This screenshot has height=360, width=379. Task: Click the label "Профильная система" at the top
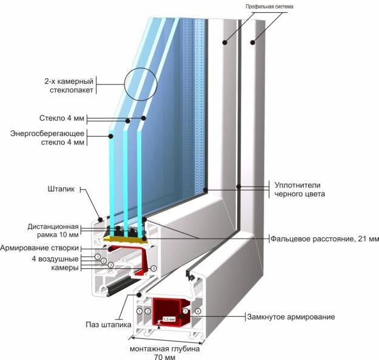[x=269, y=7]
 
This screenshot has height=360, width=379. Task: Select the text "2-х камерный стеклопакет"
[x=69, y=86]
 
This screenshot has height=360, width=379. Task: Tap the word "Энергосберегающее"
[x=47, y=134]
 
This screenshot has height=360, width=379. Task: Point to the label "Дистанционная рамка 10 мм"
[x=53, y=231]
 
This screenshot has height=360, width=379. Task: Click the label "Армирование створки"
[x=39, y=248]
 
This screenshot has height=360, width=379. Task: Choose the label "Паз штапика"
[x=109, y=324]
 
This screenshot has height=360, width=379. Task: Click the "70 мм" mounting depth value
[x=164, y=357]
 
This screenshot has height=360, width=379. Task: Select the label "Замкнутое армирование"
[x=291, y=317]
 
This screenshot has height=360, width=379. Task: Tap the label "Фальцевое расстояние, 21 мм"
[x=324, y=239]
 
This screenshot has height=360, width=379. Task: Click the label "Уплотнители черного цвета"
[x=300, y=189]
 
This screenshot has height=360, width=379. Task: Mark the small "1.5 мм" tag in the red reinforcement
[x=169, y=319]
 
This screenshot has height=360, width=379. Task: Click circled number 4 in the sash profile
[x=154, y=268]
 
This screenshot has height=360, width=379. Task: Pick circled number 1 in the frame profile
[x=139, y=311]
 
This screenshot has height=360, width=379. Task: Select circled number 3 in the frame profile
[x=185, y=311]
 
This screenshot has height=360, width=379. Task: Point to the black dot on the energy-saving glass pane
[x=111, y=136]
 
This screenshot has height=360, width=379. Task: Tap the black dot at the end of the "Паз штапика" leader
[x=139, y=294]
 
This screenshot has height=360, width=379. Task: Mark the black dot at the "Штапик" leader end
[x=100, y=220]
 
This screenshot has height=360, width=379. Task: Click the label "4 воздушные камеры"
[x=55, y=263]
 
